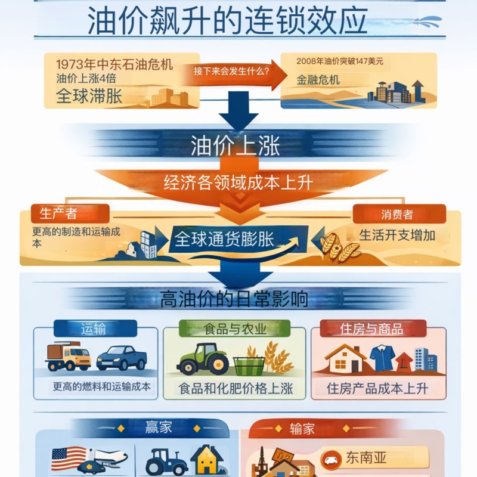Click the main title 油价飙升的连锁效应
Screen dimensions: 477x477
[x=227, y=21]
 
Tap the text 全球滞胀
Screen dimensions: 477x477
[x=89, y=96]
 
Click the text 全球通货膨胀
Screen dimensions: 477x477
[x=224, y=240]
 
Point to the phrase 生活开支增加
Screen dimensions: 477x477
[x=397, y=235]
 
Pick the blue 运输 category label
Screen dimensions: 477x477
[x=95, y=329]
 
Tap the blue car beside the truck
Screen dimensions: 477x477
[x=122, y=358]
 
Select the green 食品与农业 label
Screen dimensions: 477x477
[x=234, y=329]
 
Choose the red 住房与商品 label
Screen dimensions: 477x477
[x=371, y=329]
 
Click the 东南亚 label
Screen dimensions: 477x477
[x=366, y=458]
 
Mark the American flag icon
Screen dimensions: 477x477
[x=69, y=459]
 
